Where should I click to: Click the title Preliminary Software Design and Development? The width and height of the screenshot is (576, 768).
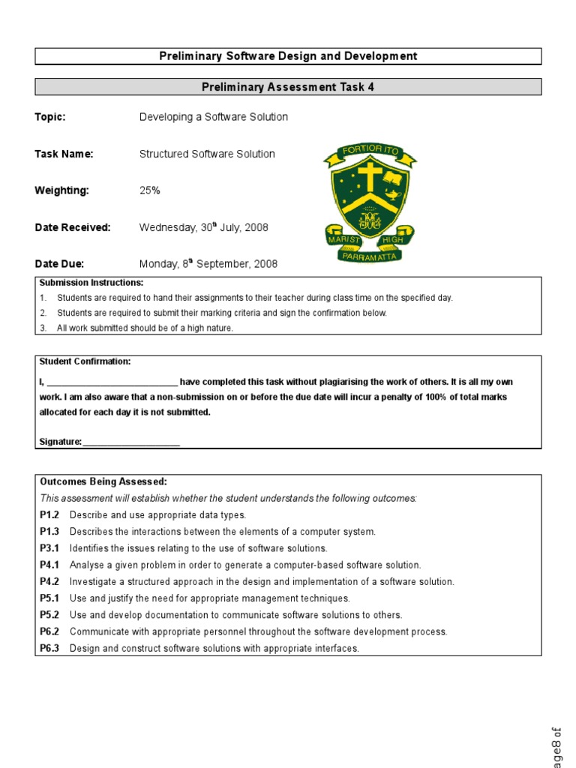[288, 56]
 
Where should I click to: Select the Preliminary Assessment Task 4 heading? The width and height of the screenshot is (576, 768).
[288, 87]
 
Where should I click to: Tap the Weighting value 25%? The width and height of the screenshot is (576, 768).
[150, 190]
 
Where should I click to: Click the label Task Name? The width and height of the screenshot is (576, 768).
[64, 154]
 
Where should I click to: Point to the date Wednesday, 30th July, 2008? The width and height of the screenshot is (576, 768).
[203, 227]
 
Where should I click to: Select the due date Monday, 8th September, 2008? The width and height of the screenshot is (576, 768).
[208, 263]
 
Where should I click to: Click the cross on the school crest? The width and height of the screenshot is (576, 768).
[369, 178]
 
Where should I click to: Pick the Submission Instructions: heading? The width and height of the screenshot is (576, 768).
[91, 283]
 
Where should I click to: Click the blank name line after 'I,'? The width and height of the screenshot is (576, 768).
[112, 382]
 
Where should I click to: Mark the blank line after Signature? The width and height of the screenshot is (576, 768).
[131, 442]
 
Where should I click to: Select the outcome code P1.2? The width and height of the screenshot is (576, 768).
[49, 514]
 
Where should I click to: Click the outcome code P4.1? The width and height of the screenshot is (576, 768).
[49, 565]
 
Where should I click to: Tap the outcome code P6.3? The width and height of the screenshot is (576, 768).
[49, 648]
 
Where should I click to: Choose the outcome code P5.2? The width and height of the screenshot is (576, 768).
[49, 615]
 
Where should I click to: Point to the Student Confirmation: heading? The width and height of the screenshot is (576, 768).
[85, 361]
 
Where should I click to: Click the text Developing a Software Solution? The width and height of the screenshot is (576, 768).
[214, 117]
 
